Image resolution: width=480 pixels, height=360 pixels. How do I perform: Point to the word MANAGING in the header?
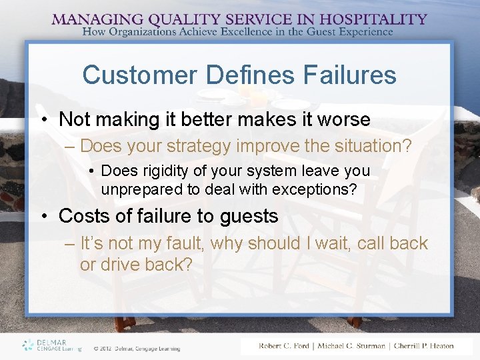coord(93,19)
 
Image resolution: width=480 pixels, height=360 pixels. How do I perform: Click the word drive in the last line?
coord(125,265)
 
